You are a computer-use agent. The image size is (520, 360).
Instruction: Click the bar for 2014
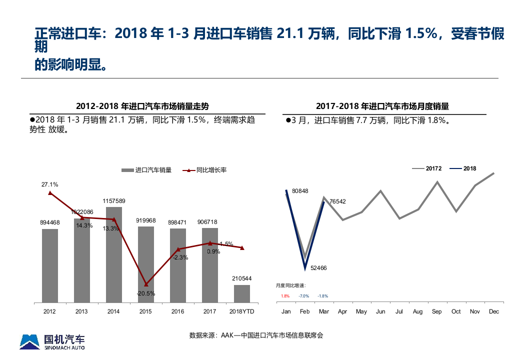click(x=114, y=255)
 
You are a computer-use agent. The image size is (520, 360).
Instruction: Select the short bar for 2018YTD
click(x=242, y=293)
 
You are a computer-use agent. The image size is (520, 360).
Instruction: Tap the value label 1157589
click(x=114, y=201)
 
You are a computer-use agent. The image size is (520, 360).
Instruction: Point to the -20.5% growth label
click(x=146, y=293)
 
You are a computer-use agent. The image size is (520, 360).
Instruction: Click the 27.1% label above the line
click(x=49, y=184)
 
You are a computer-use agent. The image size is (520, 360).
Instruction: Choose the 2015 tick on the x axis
click(x=145, y=311)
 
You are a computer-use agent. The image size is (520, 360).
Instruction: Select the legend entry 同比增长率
click(x=211, y=170)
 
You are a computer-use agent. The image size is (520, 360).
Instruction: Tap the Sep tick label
click(x=437, y=311)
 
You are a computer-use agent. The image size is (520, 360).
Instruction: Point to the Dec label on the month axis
click(x=494, y=311)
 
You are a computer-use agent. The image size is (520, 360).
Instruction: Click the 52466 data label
click(x=318, y=268)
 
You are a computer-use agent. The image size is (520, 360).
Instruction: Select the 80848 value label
click(x=300, y=191)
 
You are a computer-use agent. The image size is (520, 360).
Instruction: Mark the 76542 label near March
click(x=337, y=201)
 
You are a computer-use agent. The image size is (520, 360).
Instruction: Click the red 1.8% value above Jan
click(x=285, y=296)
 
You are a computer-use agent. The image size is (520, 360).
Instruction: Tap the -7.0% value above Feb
click(x=304, y=296)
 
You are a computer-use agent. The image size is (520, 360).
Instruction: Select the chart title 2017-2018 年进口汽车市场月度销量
click(x=382, y=106)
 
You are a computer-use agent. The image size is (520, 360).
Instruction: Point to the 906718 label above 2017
click(x=210, y=222)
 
